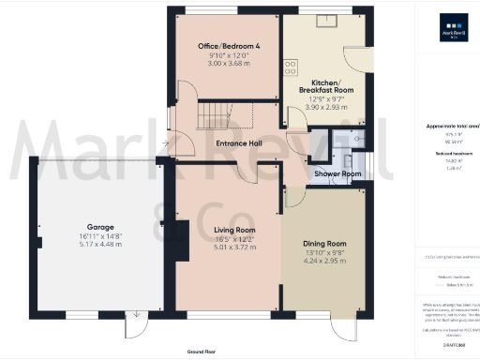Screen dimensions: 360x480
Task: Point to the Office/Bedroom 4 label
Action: pyautogui.click(x=229, y=46)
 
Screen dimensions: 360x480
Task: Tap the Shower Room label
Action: pyautogui.click(x=338, y=173)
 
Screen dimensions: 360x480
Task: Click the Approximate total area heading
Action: pyautogui.click(x=454, y=125)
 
